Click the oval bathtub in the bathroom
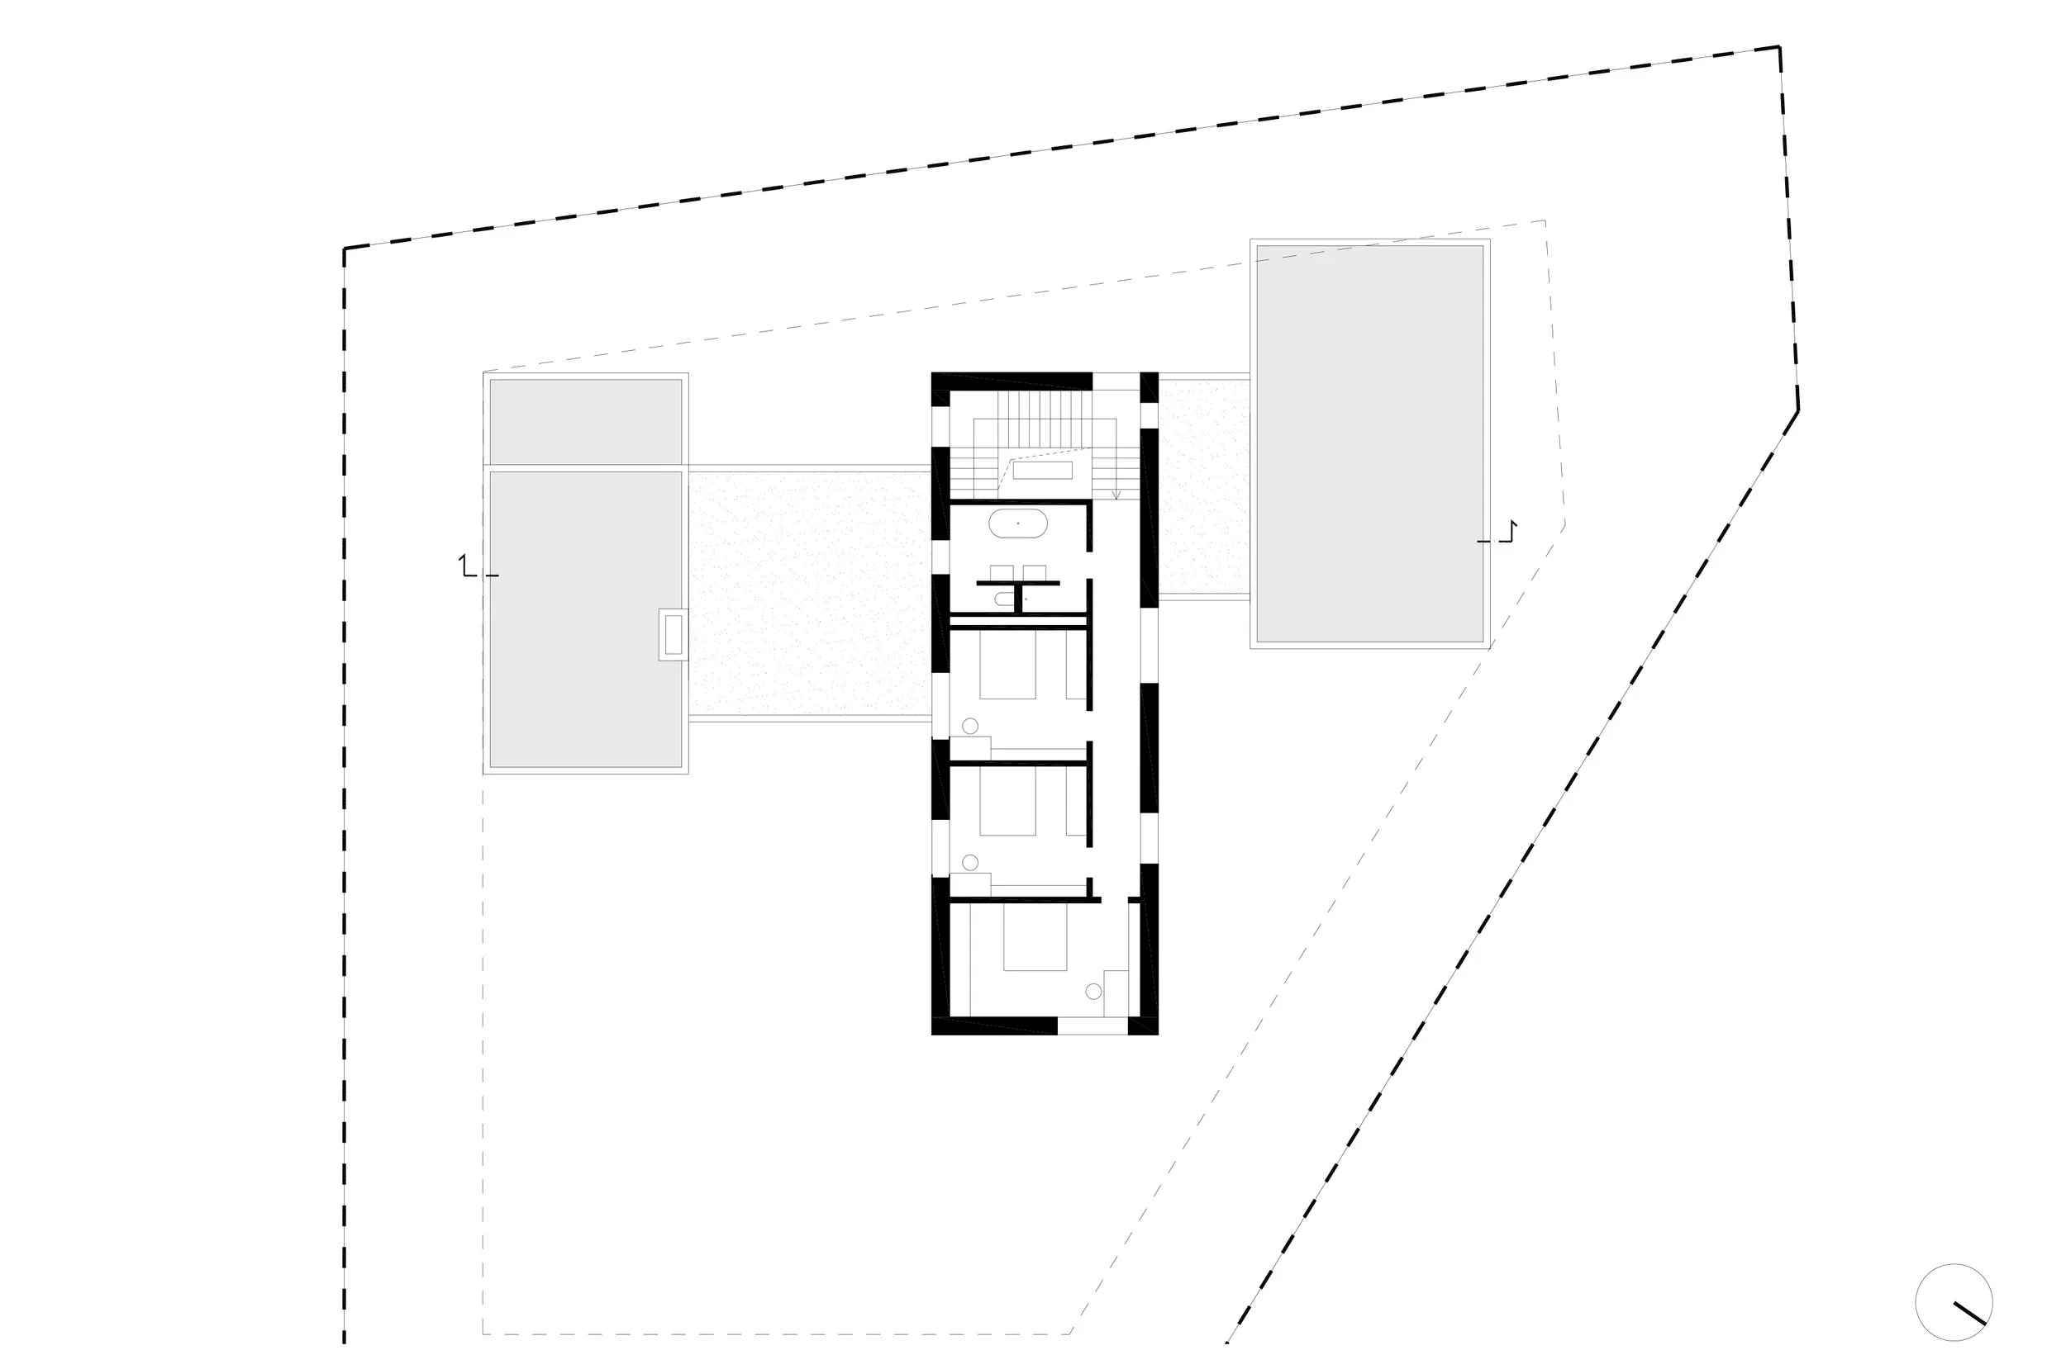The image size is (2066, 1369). click(x=1018, y=523)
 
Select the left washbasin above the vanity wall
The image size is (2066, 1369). click(x=1001, y=573)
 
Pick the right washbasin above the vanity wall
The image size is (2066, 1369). click(x=1035, y=573)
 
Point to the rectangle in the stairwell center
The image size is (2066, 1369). click(x=1042, y=470)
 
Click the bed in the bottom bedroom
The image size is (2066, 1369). click(x=1035, y=938)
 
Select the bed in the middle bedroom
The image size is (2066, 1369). click(x=1007, y=801)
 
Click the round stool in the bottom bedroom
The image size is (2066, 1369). click(x=1093, y=991)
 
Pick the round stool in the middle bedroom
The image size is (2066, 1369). click(x=969, y=863)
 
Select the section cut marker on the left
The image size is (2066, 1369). click(x=472, y=567)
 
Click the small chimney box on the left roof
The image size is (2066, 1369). click(x=673, y=634)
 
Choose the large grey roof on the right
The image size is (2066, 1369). click(x=1369, y=443)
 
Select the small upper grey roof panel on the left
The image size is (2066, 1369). click(x=585, y=421)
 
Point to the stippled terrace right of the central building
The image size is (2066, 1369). click(x=1204, y=487)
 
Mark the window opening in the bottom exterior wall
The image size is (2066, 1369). click(x=1092, y=1026)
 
